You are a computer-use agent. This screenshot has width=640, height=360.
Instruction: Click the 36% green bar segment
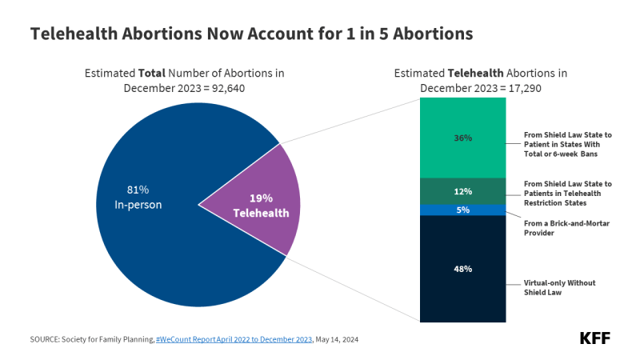(463, 138)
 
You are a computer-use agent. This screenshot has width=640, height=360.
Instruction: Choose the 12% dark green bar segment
(463, 191)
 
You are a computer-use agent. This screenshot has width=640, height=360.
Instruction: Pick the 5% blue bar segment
(463, 210)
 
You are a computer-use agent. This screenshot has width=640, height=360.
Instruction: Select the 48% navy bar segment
(463, 269)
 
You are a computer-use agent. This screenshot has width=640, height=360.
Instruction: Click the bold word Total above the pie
(152, 73)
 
